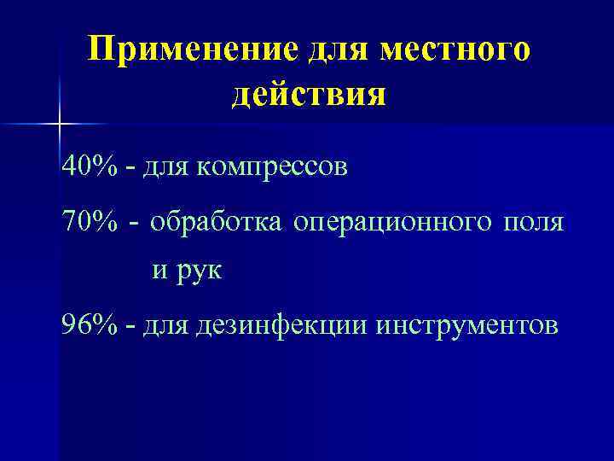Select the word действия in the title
point(309,95)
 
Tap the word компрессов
point(272,166)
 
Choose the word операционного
point(392,224)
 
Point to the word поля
point(534,224)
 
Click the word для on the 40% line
point(167,166)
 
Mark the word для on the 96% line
point(167,326)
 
